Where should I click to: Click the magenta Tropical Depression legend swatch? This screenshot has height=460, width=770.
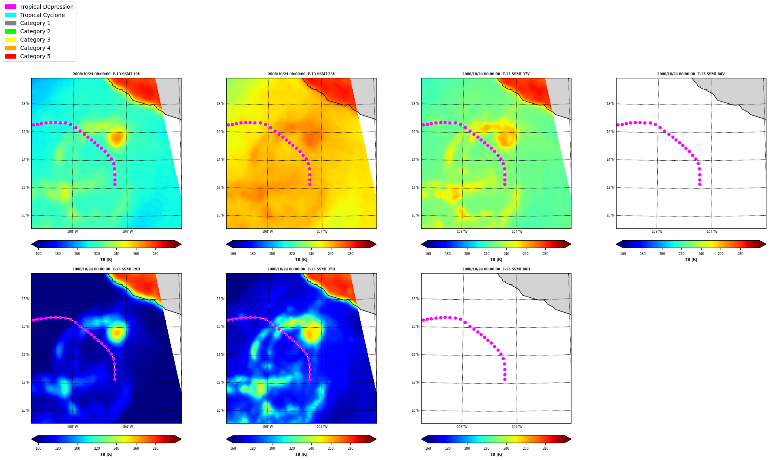11,7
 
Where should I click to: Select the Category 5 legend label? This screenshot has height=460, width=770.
35,56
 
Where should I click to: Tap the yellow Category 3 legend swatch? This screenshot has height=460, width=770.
11,40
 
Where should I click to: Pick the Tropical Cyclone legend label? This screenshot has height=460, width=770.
42,15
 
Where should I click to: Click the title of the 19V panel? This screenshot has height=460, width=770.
106,74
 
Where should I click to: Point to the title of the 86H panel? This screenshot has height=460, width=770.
496,269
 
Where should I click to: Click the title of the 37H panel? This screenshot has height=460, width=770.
301,269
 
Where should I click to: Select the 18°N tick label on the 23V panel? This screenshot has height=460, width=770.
220,104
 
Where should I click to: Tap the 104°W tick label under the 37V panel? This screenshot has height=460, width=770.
517,232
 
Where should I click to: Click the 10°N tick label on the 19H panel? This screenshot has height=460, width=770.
25,411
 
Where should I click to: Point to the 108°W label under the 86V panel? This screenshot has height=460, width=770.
657,232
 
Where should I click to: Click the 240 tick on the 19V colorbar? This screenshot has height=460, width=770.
116,254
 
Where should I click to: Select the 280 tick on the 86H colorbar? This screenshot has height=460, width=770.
545,449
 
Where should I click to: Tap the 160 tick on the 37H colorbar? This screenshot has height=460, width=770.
233,449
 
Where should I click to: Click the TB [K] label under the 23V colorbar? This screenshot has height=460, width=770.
301,260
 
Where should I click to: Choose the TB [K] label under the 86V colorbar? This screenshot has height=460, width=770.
691,260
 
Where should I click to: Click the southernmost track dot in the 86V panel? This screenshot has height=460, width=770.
700,184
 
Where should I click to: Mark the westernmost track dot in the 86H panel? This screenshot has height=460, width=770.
423,320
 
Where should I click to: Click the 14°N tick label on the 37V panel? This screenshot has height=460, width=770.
415,160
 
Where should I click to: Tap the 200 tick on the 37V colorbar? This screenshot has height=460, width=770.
467,254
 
